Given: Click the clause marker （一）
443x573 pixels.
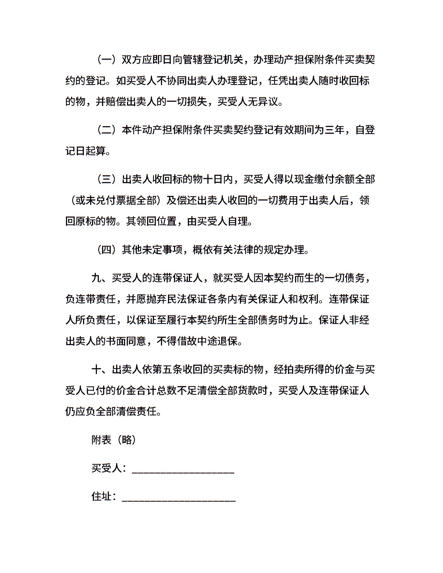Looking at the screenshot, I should pos(106,60).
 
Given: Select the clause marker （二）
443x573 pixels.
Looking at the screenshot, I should pos(106,130).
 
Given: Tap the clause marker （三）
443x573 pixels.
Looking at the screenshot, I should pos(106,179).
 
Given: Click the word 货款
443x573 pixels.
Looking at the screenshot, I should pos(248,391).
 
